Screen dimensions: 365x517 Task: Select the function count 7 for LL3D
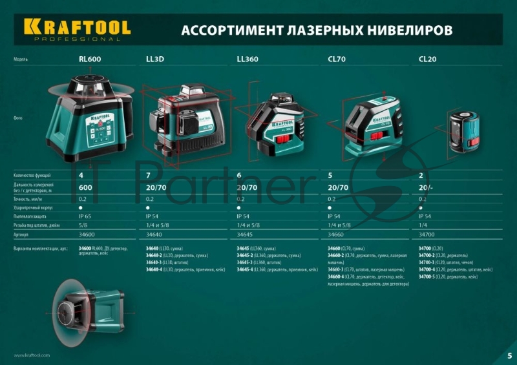click(149, 175)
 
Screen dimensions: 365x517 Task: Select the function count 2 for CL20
click(421, 175)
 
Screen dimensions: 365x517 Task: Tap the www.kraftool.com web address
click(32, 355)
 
